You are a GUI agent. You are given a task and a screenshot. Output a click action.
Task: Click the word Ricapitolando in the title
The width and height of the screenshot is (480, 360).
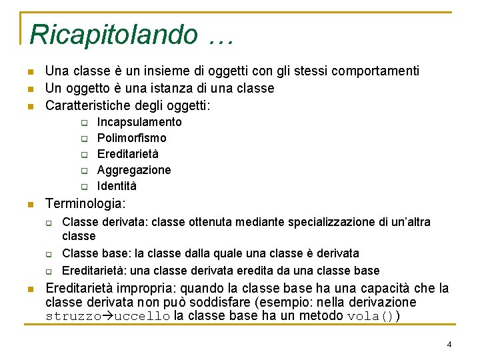point(113,34)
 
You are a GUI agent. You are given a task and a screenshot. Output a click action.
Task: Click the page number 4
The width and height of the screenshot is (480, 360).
point(449,345)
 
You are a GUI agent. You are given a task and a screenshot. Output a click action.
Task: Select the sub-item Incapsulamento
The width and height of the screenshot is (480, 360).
point(139,122)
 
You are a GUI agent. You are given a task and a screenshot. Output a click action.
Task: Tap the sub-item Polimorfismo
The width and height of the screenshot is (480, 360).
point(132,138)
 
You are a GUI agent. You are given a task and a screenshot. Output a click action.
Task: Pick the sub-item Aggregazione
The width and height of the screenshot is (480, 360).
point(134,170)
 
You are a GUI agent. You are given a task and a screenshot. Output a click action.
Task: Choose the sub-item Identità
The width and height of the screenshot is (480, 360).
point(117,186)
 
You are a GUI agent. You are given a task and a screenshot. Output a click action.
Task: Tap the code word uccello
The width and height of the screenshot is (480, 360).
point(142,316)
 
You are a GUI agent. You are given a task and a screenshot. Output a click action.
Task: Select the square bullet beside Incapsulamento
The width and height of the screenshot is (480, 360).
point(85,123)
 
